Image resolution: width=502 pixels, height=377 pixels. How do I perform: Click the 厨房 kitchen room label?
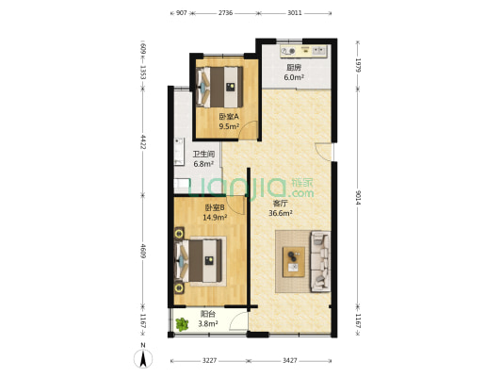[294, 68]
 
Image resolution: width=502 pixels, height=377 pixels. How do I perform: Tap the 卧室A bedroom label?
[229, 117]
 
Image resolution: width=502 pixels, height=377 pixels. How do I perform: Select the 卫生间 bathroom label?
[203, 155]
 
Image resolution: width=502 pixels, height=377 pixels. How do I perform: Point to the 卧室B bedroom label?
[215, 208]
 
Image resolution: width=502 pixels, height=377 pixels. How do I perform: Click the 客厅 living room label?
[280, 204]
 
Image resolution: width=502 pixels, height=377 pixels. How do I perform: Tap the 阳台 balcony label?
[208, 314]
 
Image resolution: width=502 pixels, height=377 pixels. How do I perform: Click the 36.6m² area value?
[281, 213]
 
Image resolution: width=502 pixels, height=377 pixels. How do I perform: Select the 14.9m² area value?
[215, 218]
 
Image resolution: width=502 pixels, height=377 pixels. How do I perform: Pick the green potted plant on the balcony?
[182, 324]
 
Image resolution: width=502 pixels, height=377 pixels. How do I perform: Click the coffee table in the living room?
[294, 262]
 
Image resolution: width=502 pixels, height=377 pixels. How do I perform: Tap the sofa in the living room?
[320, 261]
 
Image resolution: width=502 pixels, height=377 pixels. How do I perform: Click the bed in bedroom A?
[219, 87]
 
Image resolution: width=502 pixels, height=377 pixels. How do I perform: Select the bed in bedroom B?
[200, 261]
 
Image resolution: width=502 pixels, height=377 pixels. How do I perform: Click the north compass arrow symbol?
[143, 358]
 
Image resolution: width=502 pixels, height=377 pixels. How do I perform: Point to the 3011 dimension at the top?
[295, 13]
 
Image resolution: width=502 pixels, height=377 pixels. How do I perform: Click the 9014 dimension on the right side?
[358, 198]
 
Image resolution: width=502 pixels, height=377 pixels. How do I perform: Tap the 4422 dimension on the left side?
[143, 141]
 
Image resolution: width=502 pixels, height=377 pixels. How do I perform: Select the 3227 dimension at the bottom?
[209, 361]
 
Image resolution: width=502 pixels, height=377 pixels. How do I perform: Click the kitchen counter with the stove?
[303, 51]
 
